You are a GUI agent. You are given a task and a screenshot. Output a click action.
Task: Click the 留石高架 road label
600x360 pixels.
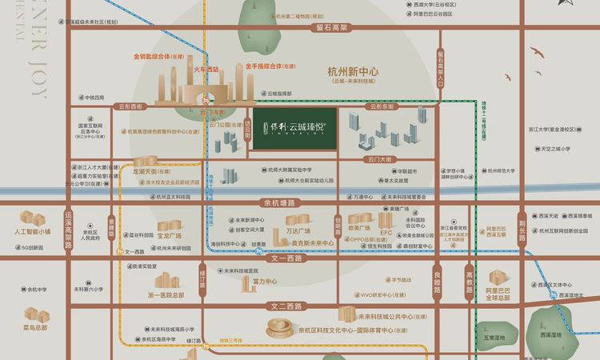point(332,27)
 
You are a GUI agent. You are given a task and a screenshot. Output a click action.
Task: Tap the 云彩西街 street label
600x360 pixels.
point(130,106)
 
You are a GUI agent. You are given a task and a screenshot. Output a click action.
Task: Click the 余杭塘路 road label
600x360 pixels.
point(279,203)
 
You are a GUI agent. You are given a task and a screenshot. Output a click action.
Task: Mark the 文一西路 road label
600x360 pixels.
point(288,258)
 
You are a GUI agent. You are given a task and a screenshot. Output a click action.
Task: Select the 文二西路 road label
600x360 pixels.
point(288,306)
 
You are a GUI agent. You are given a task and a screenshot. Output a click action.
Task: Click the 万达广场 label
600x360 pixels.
point(298,231)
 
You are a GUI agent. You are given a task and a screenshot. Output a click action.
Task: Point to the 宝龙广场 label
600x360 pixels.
point(169,237)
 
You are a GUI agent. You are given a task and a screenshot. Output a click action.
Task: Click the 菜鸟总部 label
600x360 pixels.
point(35,327)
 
